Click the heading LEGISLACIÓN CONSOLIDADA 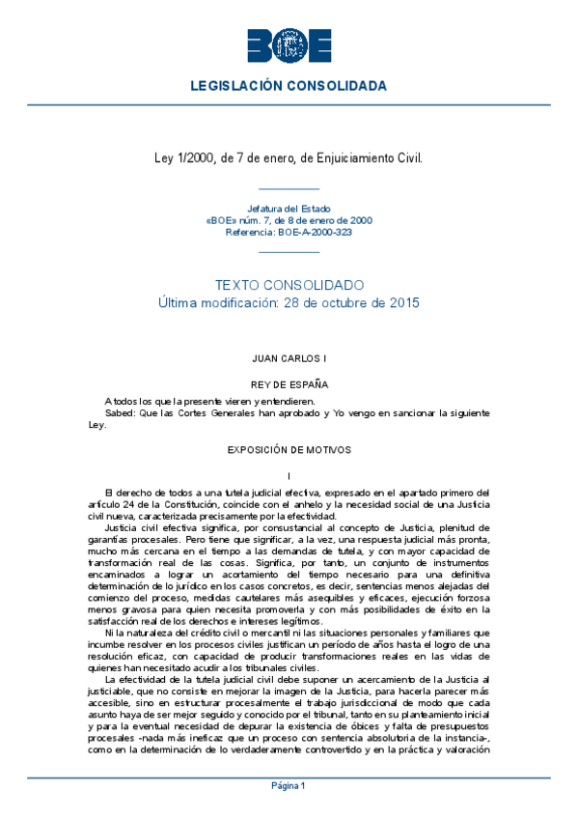click(x=289, y=86)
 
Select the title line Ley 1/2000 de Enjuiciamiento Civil click(x=289, y=156)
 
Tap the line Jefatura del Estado click(x=289, y=209)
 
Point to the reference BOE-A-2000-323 click(x=315, y=233)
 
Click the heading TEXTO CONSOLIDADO click(x=289, y=286)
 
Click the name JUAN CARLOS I click(x=289, y=358)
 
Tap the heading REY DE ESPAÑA click(x=289, y=383)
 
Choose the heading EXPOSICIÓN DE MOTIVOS click(x=289, y=450)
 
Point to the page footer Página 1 click(x=289, y=785)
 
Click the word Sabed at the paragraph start click(x=119, y=412)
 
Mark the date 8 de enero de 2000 click(x=324, y=220)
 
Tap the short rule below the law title click(x=289, y=188)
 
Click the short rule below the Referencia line click(x=289, y=251)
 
